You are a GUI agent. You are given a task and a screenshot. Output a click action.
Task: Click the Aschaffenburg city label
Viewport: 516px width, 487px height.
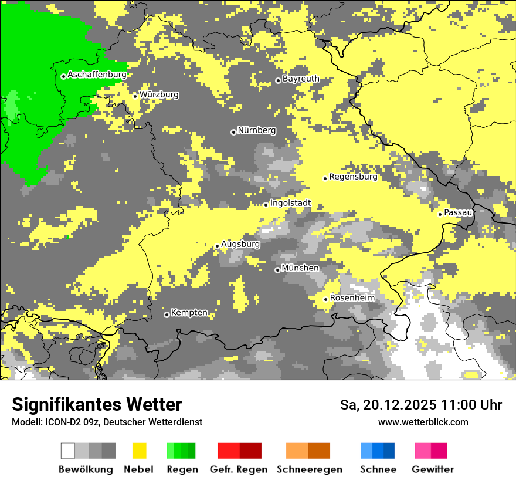point(97,75)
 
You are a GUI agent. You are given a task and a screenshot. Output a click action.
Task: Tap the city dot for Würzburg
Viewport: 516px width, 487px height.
point(135,96)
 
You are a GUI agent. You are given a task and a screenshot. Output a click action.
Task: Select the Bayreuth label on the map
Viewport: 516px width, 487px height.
point(301,79)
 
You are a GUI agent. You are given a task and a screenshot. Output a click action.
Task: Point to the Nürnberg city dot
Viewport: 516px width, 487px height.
point(233,132)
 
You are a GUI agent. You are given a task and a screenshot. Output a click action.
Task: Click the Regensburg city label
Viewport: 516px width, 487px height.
point(353,177)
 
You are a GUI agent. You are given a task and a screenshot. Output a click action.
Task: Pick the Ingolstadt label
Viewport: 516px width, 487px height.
point(290,204)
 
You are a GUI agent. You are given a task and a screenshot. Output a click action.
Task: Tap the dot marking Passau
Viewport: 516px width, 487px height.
point(440,214)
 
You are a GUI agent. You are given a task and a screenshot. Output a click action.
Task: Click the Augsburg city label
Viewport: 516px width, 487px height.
point(240,244)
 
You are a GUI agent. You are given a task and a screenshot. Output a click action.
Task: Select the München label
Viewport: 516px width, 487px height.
point(300,268)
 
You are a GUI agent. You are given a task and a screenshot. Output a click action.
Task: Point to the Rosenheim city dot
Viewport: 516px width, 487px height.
point(326,299)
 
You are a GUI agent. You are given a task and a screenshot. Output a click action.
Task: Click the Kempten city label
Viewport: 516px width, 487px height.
point(189,313)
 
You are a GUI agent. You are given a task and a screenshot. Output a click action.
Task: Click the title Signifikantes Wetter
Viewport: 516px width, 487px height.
point(97,405)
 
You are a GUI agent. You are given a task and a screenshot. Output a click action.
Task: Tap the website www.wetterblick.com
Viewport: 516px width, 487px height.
point(423,422)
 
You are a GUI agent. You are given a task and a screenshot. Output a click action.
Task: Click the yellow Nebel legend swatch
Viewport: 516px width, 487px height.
point(139,451)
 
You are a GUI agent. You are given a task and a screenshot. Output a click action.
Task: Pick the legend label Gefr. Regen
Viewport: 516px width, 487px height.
point(239,469)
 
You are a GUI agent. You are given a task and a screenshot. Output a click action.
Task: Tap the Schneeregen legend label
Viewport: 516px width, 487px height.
point(310,469)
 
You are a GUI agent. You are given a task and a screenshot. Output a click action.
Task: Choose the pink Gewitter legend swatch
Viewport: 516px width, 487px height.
point(431,451)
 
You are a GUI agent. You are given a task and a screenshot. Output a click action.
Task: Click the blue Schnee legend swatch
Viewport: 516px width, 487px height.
point(378,451)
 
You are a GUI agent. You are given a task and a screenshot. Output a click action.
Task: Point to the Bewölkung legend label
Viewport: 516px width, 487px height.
point(86,469)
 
